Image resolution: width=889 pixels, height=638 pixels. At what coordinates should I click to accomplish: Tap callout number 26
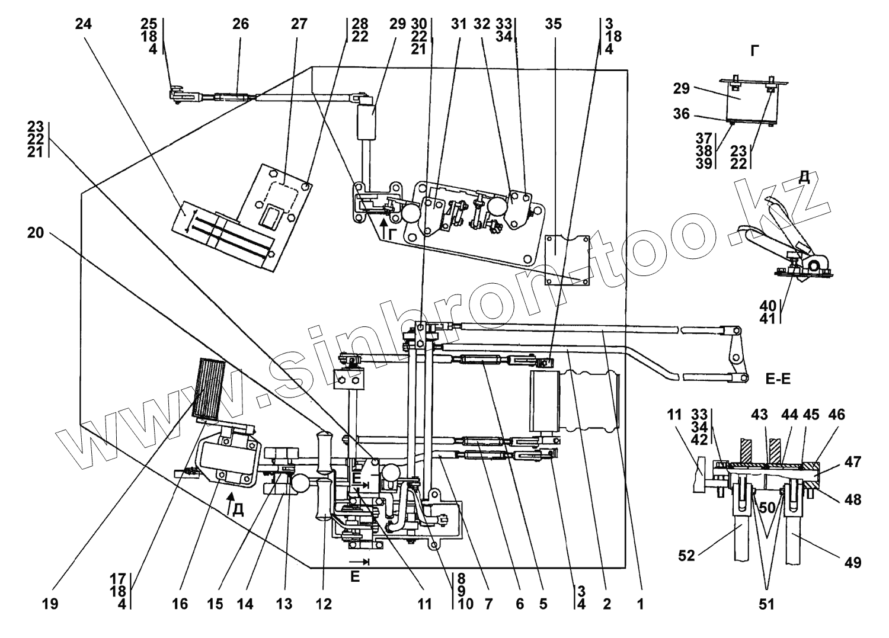(240, 25)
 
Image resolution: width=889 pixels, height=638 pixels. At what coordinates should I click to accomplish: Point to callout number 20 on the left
(36, 233)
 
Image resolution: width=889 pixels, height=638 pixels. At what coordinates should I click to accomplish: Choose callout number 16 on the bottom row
(180, 604)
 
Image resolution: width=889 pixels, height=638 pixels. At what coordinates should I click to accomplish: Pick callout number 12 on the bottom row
(323, 604)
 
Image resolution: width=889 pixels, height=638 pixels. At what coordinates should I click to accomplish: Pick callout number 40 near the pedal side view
(769, 305)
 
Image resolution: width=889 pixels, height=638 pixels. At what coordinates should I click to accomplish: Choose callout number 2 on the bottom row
(606, 604)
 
